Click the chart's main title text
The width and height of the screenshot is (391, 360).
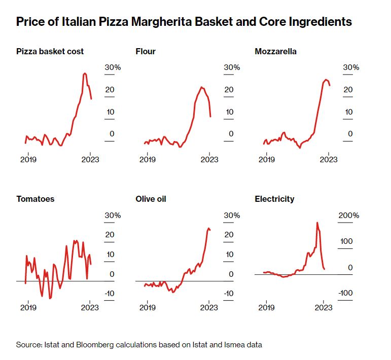[184, 22]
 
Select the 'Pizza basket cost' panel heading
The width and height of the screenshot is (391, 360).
[50, 51]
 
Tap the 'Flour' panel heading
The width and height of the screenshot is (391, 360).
[146, 51]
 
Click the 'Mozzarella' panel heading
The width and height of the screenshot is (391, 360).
[276, 51]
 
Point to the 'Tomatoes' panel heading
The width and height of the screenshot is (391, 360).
[35, 199]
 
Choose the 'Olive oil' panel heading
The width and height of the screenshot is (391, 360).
[151, 199]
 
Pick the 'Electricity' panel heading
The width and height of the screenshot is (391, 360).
[274, 199]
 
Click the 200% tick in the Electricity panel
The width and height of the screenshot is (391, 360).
[349, 215]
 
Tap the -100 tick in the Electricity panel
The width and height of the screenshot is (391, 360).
[346, 293]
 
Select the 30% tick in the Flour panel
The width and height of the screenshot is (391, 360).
[232, 67]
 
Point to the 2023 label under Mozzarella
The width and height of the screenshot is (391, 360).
[329, 159]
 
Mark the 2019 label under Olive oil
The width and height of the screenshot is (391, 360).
[147, 307]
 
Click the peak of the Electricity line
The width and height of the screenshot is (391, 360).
[317, 222]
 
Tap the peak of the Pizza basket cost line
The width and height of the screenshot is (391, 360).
[85, 74]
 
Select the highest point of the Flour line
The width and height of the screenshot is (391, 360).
[202, 87]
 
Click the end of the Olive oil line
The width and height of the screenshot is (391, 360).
[210, 230]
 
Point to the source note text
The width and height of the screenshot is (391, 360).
[139, 345]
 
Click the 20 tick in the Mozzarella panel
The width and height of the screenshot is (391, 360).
[347, 90]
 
